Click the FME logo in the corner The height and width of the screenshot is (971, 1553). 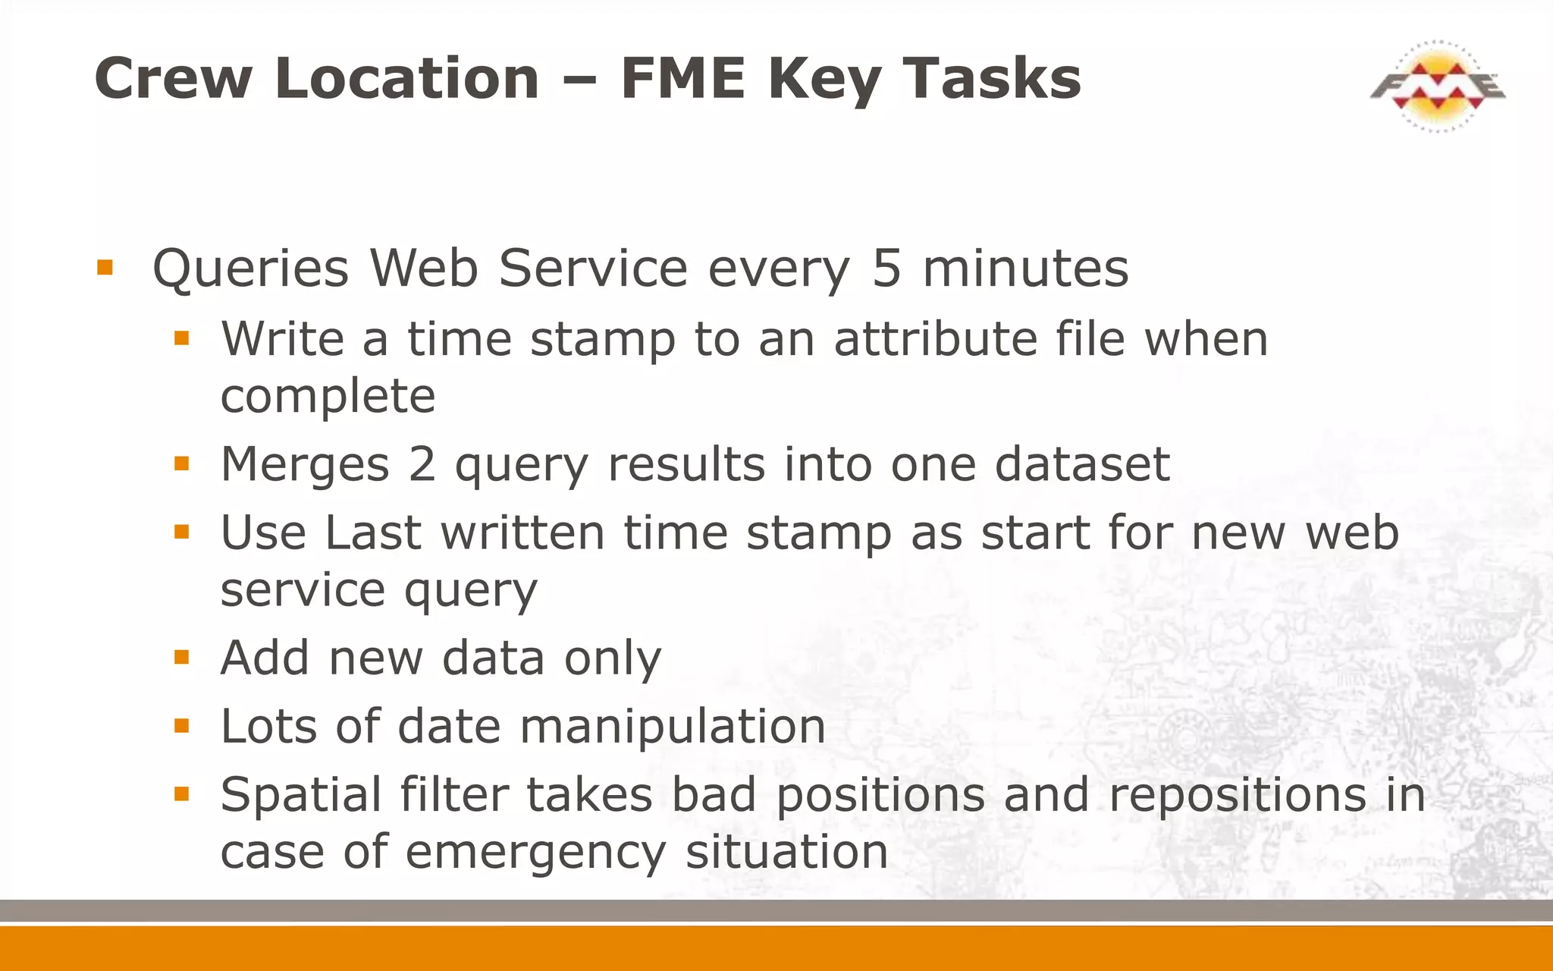(x=1437, y=86)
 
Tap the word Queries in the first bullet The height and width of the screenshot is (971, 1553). (x=250, y=269)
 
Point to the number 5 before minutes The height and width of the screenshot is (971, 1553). (x=886, y=269)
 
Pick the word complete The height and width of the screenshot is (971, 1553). (x=328, y=396)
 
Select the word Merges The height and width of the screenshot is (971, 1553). (x=305, y=464)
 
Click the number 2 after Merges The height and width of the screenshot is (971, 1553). (x=422, y=464)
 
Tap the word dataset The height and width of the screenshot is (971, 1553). (x=1082, y=464)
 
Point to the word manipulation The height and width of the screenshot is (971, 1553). (x=673, y=726)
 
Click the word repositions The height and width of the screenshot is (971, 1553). (x=1238, y=795)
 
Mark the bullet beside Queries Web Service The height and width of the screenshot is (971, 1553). (x=105, y=268)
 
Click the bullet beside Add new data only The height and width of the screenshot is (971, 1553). (x=181, y=657)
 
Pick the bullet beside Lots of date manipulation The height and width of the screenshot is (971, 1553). (x=181, y=726)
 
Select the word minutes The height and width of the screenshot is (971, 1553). (x=1025, y=269)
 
